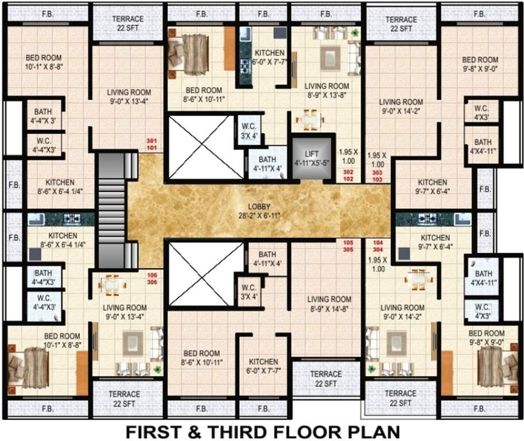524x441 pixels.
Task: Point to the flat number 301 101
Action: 152,144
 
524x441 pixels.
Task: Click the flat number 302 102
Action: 348,176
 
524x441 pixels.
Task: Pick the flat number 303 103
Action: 377,176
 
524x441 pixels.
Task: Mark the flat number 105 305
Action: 348,246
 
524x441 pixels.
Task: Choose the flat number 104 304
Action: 378,246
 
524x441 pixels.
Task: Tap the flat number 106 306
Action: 152,278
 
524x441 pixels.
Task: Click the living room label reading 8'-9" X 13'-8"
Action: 326,90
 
